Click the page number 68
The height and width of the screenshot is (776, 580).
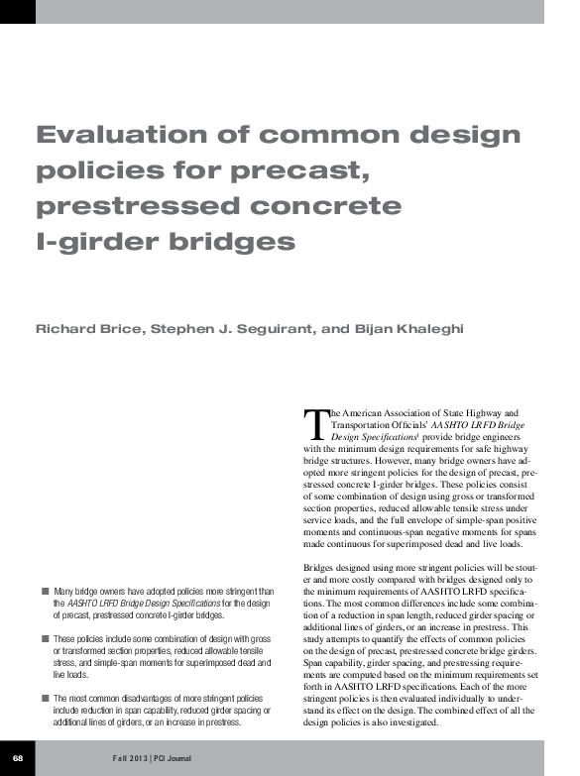(x=17, y=758)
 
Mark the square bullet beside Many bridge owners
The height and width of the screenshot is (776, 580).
(x=45, y=590)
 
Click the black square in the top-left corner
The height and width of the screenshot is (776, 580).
(x=17, y=11)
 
